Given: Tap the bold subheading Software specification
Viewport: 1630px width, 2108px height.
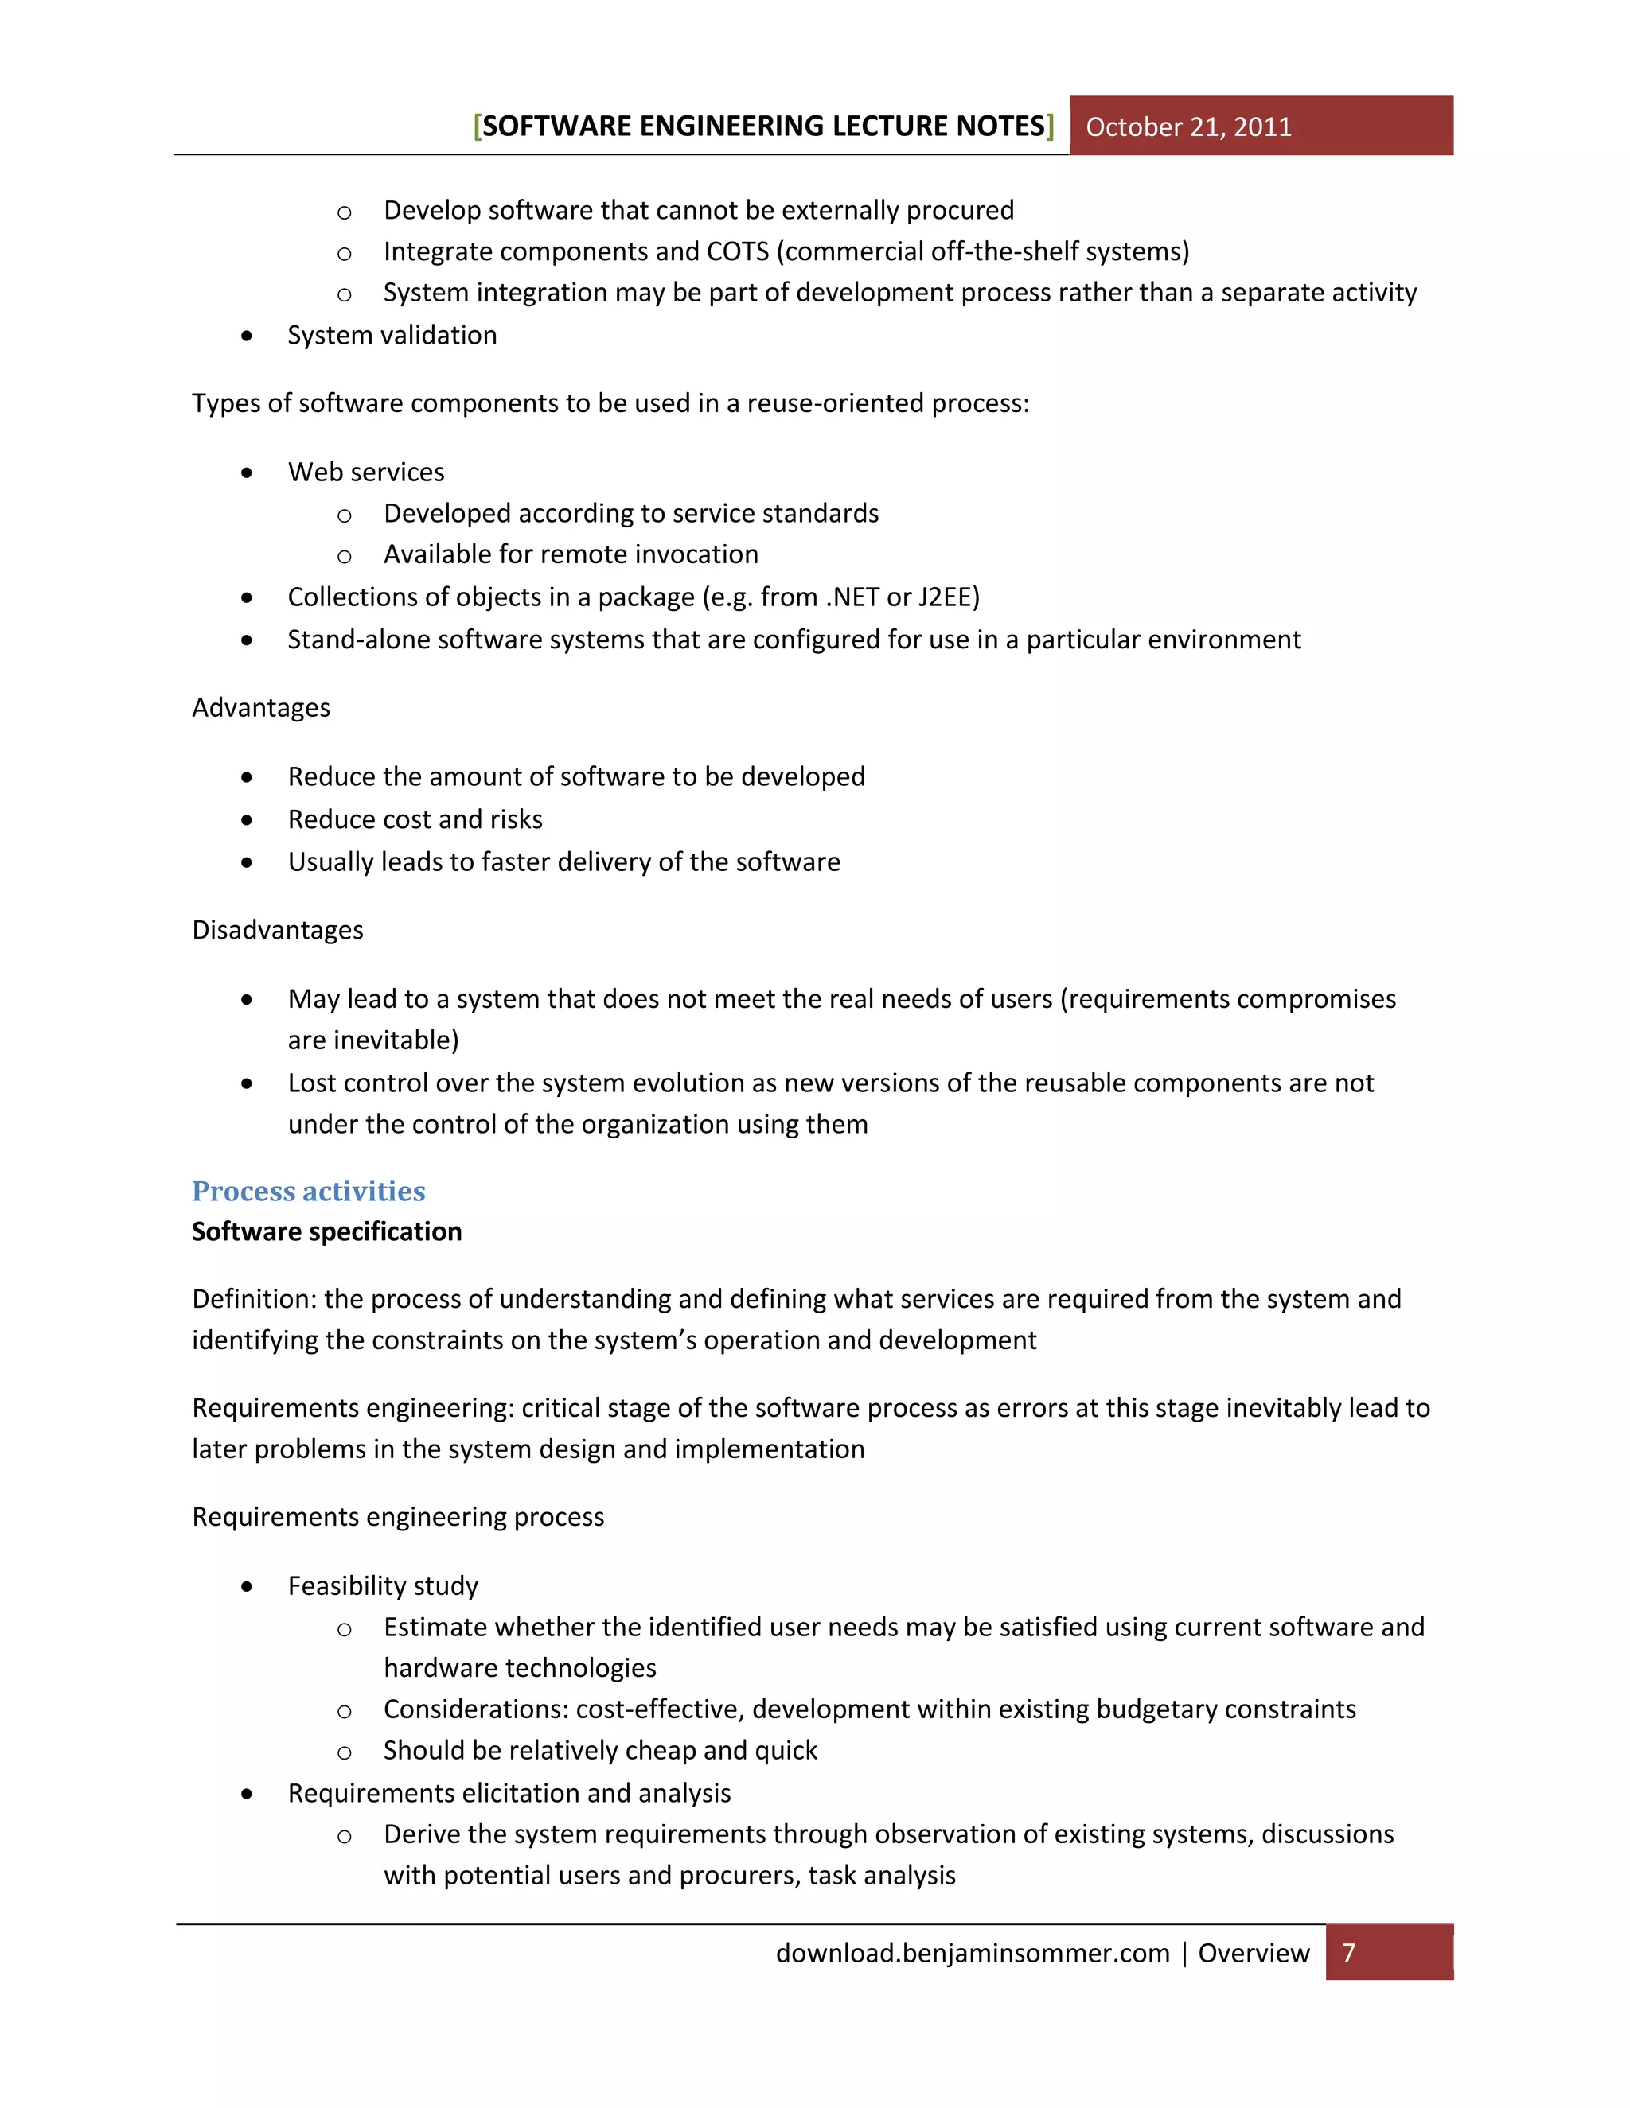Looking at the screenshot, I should point(326,1231).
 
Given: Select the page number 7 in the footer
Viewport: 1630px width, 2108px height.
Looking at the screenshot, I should point(1349,1953).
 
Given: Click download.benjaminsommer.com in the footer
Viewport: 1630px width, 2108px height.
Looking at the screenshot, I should point(973,1953).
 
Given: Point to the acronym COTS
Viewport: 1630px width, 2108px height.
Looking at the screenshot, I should point(738,252).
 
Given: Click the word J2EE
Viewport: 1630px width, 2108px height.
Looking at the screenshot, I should point(947,597).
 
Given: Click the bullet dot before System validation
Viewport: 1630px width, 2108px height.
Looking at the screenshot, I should point(248,336).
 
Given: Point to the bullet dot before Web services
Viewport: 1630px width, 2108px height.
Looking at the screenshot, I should point(248,473).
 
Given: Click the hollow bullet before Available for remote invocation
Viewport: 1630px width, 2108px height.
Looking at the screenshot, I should point(344,557).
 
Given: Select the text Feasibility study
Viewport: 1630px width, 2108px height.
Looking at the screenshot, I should point(382,1586).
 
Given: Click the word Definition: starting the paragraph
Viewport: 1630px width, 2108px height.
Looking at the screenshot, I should point(254,1299).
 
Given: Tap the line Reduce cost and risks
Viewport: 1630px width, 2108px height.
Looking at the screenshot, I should point(415,819).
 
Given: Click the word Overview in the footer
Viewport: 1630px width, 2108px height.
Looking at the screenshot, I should point(1254,1953).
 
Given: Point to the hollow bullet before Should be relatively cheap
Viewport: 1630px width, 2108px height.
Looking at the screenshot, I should point(344,1752).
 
